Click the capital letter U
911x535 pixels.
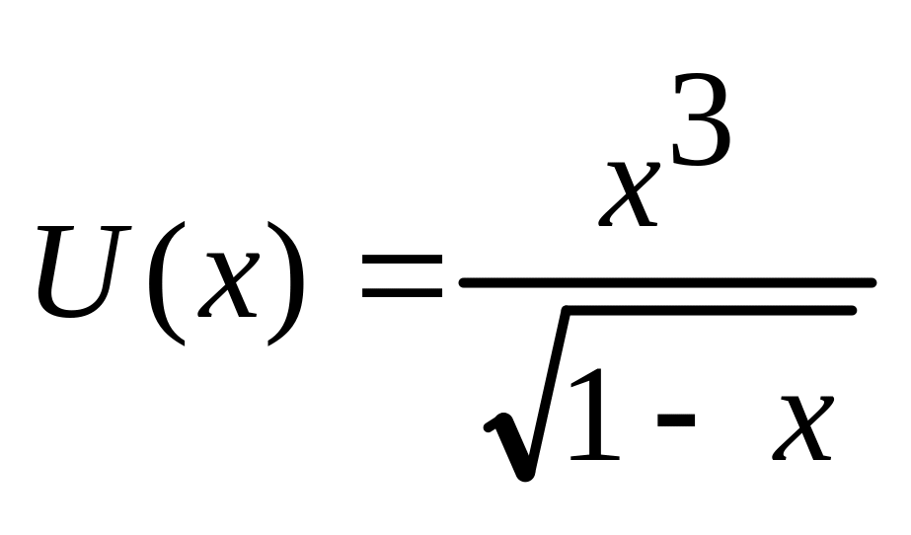click(86, 271)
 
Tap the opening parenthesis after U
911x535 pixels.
click(161, 281)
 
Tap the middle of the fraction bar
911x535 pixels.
click(667, 282)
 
